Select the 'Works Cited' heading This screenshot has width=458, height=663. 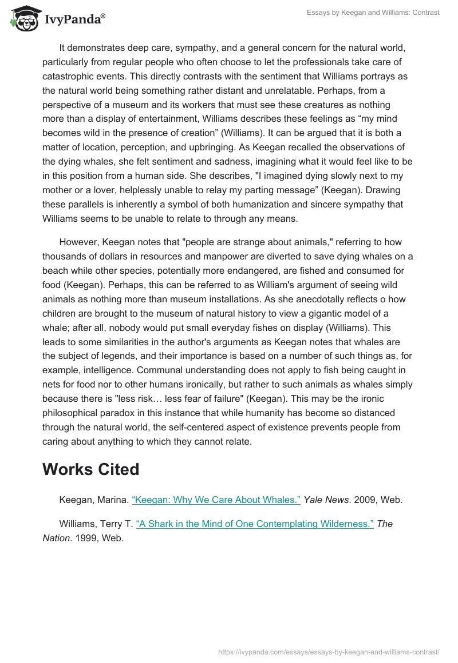coord(90,469)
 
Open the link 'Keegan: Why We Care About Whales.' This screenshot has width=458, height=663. coord(216,500)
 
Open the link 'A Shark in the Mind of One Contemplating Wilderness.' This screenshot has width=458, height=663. coord(255,524)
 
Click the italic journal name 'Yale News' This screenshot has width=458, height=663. coord(325,500)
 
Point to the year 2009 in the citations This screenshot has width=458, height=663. coord(364,500)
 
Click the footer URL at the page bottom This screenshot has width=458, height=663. coord(329,651)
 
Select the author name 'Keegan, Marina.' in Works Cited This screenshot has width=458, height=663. coord(93,500)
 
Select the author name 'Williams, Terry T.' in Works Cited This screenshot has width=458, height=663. coord(96,524)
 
